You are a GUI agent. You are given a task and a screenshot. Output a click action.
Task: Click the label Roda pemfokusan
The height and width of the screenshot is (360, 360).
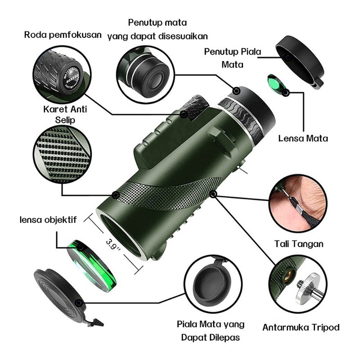[x=63, y=35]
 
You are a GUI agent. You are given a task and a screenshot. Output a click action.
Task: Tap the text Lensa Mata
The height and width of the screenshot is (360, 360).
[x=303, y=139]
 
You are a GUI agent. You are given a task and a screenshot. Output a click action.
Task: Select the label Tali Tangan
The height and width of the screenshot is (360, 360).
[x=299, y=244]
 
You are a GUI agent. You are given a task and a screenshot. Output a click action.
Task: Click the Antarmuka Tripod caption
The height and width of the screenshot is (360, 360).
[x=301, y=327]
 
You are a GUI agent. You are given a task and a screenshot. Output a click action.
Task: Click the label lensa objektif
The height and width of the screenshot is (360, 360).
[x=48, y=220]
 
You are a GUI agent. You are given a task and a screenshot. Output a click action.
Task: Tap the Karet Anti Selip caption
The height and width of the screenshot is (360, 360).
[x=65, y=114]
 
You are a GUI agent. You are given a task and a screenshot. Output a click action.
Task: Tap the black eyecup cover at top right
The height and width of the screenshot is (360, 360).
[x=300, y=62]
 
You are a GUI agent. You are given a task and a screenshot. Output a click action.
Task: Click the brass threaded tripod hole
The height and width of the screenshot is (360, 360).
[x=288, y=276]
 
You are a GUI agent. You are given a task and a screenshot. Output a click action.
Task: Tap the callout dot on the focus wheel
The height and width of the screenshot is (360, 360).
[x=184, y=114]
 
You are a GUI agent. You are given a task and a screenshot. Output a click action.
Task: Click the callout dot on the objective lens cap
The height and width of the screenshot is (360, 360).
[x=79, y=303]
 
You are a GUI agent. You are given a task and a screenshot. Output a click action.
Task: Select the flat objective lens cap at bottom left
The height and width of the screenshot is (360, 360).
[x=60, y=292]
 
